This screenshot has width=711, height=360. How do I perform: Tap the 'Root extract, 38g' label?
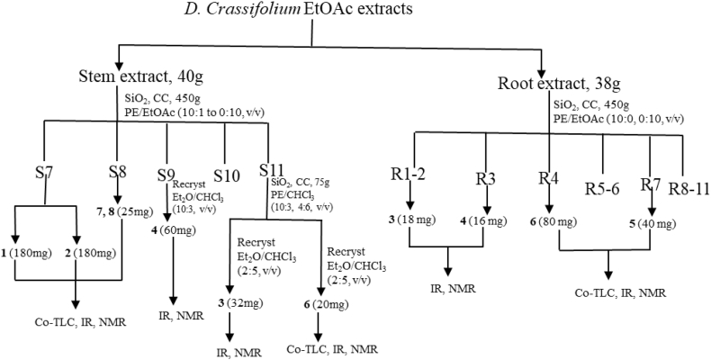coord(558,86)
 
